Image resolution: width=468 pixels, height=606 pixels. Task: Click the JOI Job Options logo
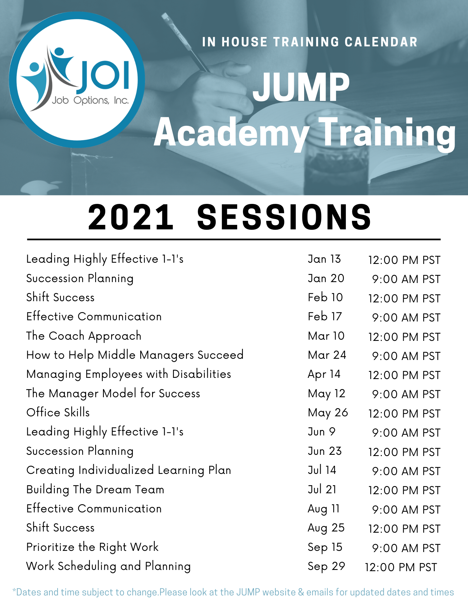click(77, 80)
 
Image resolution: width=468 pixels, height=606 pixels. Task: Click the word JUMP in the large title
click(301, 87)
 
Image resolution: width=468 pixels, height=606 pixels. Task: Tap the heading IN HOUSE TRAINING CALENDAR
click(310, 42)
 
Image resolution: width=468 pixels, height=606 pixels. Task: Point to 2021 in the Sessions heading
click(131, 217)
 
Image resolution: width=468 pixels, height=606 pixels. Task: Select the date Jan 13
click(324, 259)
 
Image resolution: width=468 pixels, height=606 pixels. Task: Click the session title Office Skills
click(58, 412)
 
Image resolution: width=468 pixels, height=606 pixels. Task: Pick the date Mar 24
click(327, 355)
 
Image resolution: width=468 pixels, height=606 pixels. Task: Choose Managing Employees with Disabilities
click(129, 375)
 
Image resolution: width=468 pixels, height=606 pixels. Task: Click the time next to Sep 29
click(401, 567)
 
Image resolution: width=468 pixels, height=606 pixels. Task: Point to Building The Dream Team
click(95, 490)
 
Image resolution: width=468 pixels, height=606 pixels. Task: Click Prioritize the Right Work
click(92, 547)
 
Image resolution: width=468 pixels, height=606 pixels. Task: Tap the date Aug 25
click(326, 528)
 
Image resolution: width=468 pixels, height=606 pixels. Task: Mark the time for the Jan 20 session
click(406, 279)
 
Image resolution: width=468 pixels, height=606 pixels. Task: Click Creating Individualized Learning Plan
click(129, 471)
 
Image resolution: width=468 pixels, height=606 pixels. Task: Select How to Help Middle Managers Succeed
click(135, 355)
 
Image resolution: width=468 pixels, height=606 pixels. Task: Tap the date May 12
click(327, 394)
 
